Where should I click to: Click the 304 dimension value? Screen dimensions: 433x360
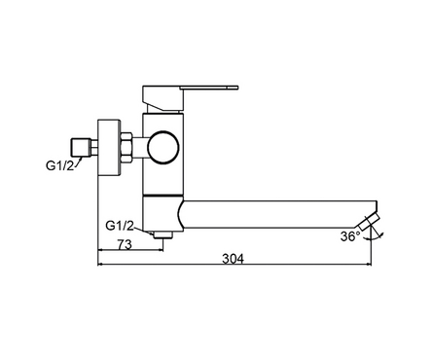coord(233,259)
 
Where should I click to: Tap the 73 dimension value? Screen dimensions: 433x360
coord(125,245)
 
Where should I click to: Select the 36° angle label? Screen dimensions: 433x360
coord(350,236)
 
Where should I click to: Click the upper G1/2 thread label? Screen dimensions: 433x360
coord(59,165)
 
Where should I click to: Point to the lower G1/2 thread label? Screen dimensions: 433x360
coord(120,226)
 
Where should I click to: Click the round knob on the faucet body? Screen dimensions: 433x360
coord(163,147)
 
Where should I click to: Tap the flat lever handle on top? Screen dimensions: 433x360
coord(209,88)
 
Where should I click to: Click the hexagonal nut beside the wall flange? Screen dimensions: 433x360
coord(126,148)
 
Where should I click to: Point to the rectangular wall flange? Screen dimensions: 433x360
coord(109,148)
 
